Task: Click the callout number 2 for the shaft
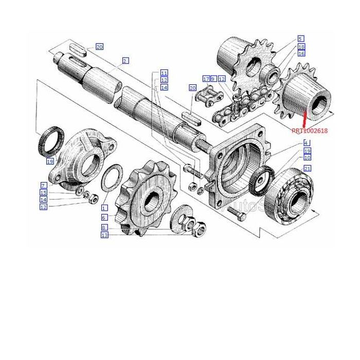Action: (125, 61)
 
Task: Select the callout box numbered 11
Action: (164, 73)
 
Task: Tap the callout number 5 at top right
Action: (301, 39)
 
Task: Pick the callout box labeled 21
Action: (307, 169)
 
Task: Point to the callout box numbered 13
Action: (104, 235)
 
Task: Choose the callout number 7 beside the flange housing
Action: (44, 185)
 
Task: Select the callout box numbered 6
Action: (104, 218)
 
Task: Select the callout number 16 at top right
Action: (301, 53)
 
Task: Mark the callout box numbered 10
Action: (307, 158)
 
